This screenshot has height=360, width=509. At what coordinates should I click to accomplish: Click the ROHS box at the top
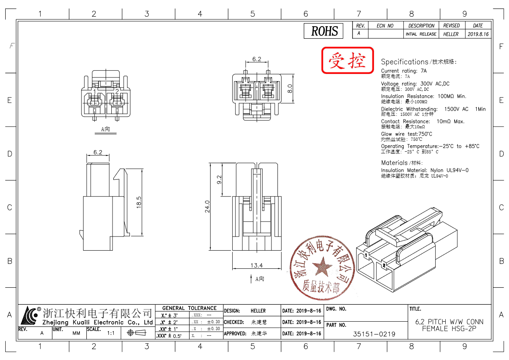point(324,31)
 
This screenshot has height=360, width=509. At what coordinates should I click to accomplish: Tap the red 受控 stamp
point(348,61)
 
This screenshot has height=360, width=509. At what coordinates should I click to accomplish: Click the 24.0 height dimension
point(207,206)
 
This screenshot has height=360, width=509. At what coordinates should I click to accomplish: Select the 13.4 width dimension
point(257,265)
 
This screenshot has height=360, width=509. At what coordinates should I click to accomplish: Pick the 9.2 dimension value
point(219,180)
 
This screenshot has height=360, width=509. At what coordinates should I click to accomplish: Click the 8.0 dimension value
point(289,88)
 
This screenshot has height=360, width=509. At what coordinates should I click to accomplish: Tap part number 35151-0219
point(374,334)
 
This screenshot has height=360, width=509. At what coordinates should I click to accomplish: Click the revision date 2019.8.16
point(478,34)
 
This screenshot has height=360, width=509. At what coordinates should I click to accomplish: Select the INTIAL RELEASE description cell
point(421,34)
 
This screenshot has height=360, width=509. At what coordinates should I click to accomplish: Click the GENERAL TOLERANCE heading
point(189,308)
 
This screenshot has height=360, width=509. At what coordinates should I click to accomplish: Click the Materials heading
point(394,163)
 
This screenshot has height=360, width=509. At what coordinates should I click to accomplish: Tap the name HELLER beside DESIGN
point(258,311)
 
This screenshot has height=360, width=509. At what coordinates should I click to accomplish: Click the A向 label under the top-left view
point(105,130)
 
